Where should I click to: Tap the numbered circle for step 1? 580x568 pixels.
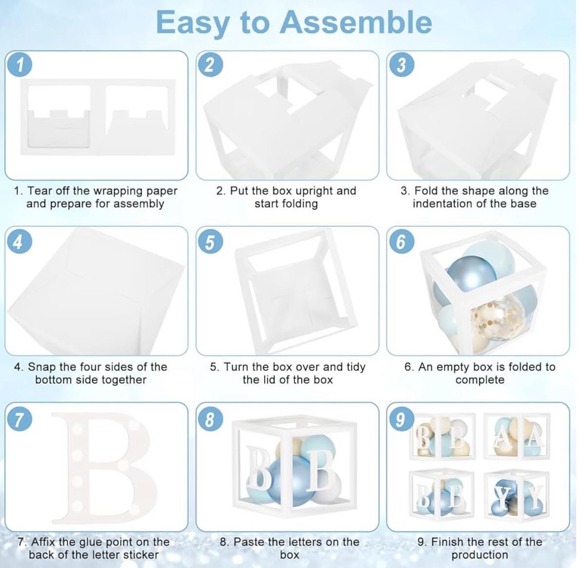(x=19, y=65)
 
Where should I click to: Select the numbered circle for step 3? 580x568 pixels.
(x=401, y=65)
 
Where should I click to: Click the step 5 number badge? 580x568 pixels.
(x=210, y=242)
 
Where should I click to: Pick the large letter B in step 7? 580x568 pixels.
(x=105, y=467)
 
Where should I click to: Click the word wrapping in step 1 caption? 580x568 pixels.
(x=117, y=191)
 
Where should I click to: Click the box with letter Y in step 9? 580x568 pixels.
(x=517, y=494)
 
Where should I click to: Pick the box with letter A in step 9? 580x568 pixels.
(x=517, y=436)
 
